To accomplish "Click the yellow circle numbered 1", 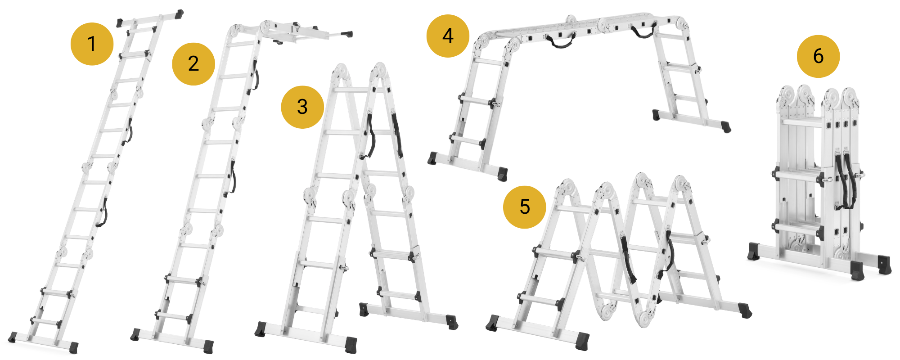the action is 92,44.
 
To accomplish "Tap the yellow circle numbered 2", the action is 193,64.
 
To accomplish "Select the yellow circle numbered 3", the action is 302,107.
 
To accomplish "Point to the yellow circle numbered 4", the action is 448,36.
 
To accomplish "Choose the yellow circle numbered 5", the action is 524,207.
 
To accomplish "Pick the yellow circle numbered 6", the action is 818,56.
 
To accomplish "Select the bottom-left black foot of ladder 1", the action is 13,337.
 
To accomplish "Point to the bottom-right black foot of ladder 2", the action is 208,346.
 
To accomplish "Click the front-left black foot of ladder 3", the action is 260,329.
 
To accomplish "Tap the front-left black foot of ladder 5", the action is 492,323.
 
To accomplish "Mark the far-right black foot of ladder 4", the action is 725,126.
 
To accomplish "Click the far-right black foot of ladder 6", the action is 885,265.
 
